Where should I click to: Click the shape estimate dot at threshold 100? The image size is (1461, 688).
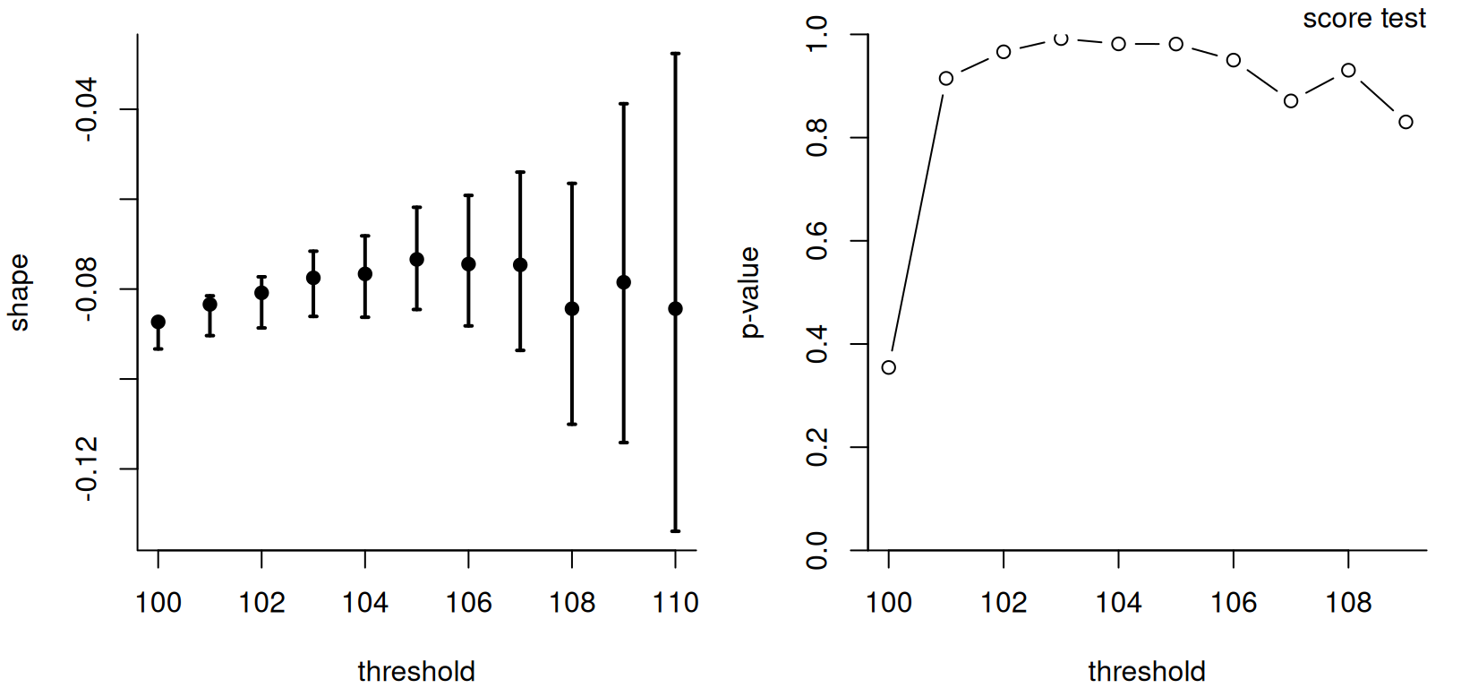(158, 322)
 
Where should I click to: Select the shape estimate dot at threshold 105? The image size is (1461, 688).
(416, 260)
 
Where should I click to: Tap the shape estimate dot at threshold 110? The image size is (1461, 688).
(675, 309)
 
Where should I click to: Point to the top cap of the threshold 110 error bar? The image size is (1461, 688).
(675, 54)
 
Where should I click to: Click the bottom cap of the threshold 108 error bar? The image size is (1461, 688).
(572, 424)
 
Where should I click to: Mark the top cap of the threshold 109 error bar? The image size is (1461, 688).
(624, 104)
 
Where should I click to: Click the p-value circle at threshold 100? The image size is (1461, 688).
(888, 367)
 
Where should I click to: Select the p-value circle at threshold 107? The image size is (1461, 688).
(1291, 101)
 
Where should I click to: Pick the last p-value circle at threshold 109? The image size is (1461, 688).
(1405, 122)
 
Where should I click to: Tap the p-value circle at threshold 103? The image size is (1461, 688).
(1061, 39)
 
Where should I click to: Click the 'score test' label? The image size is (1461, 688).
(1363, 19)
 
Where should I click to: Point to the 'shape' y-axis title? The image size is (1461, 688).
(19, 293)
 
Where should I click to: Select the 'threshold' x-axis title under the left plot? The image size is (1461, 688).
(416, 671)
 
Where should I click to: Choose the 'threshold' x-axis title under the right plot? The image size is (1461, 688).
(1147, 671)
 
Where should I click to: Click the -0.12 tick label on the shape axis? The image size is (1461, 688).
(87, 469)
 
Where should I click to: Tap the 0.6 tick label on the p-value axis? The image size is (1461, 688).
(817, 241)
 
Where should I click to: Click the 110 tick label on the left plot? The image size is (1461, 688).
(675, 603)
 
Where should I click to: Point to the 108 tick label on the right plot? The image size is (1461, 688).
(1348, 603)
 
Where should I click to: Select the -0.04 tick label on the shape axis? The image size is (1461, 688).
(87, 109)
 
